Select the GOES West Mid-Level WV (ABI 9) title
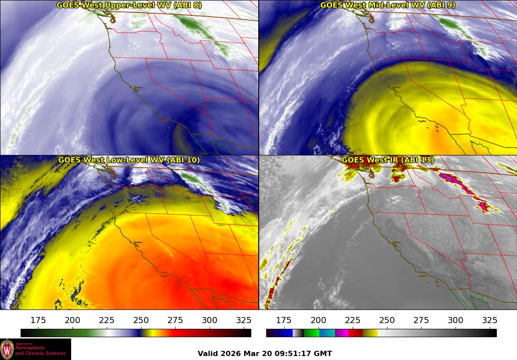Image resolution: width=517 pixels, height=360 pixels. [x=388, y=5]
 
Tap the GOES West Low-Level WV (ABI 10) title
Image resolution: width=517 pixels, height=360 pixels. [x=129, y=160]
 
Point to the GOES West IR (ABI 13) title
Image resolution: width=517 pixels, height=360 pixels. [x=388, y=160]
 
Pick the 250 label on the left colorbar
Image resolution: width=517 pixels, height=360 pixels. [x=141, y=320]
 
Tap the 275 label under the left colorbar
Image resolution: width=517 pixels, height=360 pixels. [x=175, y=320]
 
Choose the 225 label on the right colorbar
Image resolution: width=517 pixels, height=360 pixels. [x=353, y=320]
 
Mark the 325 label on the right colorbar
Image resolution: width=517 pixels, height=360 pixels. [x=489, y=320]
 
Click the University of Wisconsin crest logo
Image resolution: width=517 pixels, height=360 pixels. [x=7, y=349]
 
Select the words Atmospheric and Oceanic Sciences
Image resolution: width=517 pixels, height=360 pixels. [x=40, y=350]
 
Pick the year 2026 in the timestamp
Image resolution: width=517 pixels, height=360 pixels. [x=231, y=353]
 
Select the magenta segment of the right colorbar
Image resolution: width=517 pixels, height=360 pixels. [x=342, y=333]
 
